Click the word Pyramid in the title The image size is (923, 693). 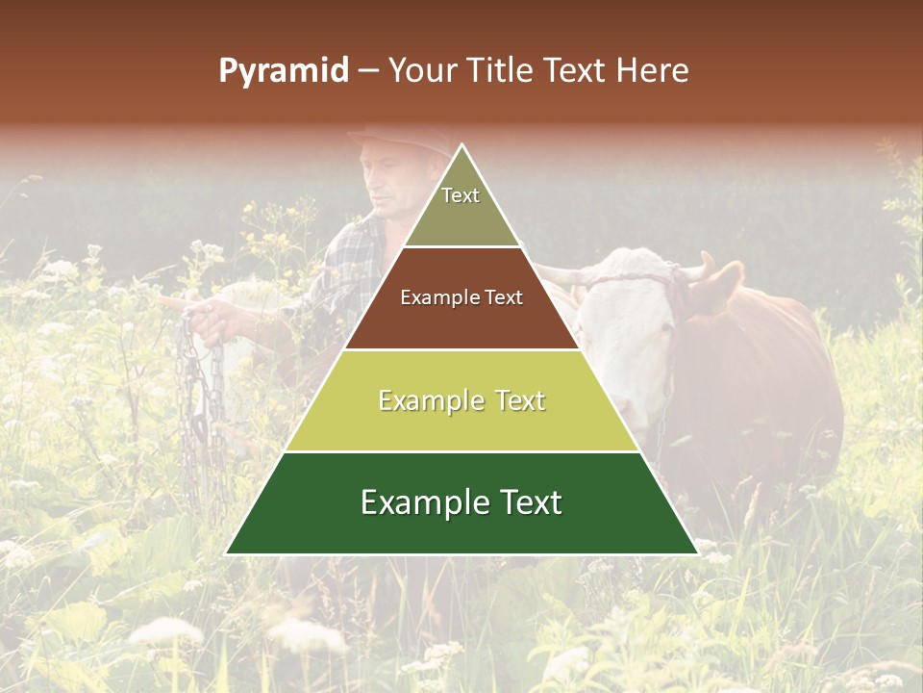click(x=283, y=71)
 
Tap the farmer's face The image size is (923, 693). click(x=389, y=183)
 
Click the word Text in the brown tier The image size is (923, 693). click(x=501, y=298)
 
